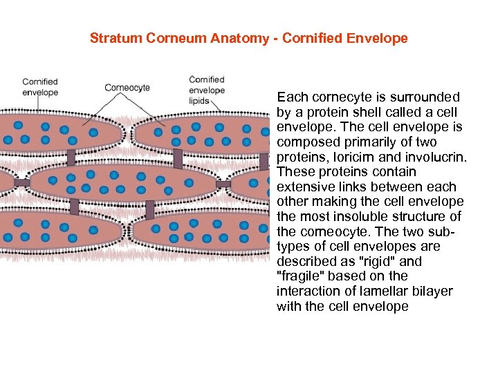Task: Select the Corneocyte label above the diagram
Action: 127,88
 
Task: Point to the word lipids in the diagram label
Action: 201,101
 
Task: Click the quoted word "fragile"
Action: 299,276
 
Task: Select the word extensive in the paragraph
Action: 304,186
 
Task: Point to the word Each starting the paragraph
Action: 291,97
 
